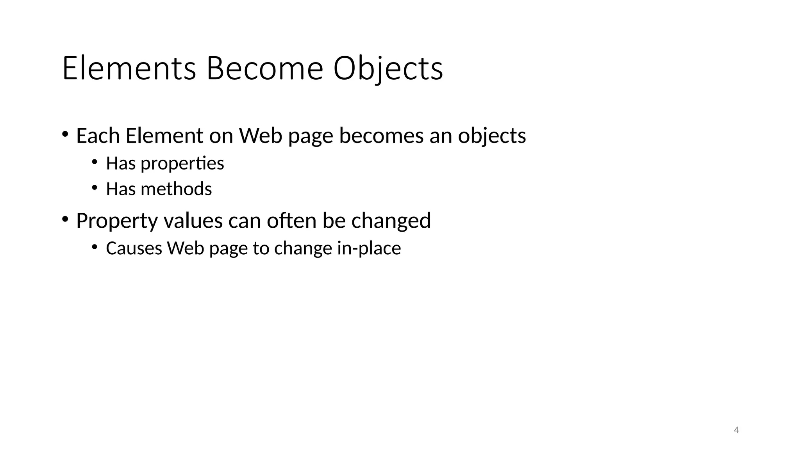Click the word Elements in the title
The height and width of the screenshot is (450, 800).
click(x=129, y=69)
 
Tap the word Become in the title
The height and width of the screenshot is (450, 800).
click(x=264, y=69)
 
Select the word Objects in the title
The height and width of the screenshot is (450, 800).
click(x=388, y=69)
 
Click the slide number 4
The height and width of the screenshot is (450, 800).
click(x=736, y=430)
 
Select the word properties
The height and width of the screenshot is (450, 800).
click(x=182, y=163)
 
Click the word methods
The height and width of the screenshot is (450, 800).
click(x=176, y=189)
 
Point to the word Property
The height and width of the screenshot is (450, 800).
click(x=117, y=221)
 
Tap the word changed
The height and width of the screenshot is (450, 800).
click(x=391, y=221)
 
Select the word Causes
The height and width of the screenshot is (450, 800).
click(x=133, y=248)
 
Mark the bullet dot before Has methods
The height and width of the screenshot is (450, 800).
click(x=94, y=187)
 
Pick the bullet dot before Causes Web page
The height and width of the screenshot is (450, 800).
click(x=94, y=246)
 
